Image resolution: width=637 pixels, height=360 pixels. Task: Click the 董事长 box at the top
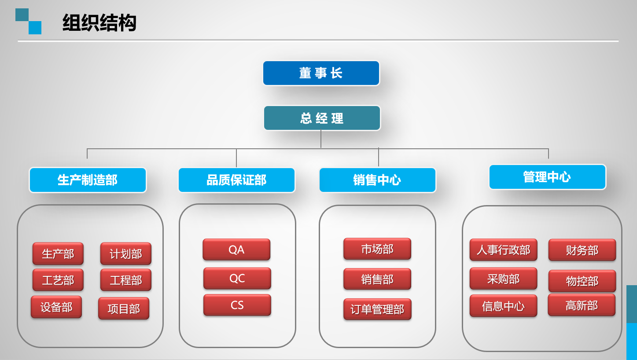[x=321, y=73]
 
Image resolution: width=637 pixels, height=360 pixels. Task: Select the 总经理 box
[x=322, y=118]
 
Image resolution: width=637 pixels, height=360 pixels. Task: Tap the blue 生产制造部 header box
[x=88, y=180]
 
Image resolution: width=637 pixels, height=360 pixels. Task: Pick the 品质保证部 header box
[x=236, y=180]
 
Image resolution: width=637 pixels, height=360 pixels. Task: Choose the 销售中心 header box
[x=377, y=180]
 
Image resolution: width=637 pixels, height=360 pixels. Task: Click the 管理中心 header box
[x=547, y=177]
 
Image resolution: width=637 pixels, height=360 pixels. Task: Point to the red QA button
[x=236, y=250]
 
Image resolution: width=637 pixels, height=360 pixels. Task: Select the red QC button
[x=237, y=278]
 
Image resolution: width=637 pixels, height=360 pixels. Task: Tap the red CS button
[x=237, y=305]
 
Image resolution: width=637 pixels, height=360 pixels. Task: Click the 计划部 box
[x=126, y=254]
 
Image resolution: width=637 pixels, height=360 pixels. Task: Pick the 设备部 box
[x=56, y=307]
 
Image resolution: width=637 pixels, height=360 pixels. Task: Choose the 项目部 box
[x=124, y=309]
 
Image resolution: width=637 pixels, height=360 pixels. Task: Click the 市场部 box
[x=377, y=249]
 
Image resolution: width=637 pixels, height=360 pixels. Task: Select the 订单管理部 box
[x=377, y=309]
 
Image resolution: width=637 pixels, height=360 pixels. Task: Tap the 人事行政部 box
[x=503, y=250]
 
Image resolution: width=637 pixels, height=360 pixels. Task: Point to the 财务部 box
[x=582, y=250]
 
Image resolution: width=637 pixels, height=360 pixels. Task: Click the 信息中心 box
[x=503, y=306]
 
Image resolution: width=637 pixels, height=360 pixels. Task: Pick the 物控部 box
[x=582, y=281]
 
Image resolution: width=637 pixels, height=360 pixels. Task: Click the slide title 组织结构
[x=99, y=23]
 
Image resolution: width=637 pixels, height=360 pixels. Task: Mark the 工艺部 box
[x=58, y=280]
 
